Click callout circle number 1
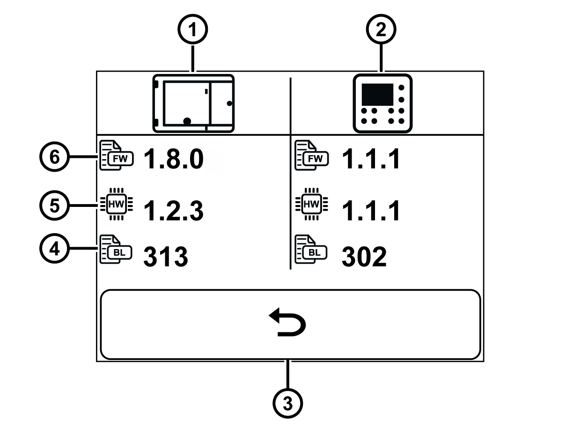192,29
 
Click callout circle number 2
381,29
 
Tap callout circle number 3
288,404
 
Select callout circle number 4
54,248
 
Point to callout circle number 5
54,205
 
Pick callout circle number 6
54,157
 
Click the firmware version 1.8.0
174,159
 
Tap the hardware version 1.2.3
174,211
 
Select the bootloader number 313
166,256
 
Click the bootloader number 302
364,256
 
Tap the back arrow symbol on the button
287,322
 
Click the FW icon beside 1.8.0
117,155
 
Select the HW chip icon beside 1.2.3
117,204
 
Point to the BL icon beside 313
116,250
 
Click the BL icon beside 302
311,250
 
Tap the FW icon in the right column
311,155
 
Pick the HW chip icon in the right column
311,204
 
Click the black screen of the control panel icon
377,95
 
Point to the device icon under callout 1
193,103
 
